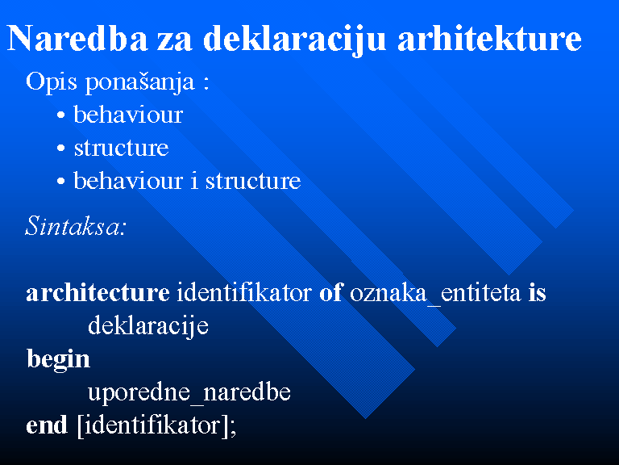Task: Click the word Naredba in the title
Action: coord(77,39)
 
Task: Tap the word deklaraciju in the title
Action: coord(294,40)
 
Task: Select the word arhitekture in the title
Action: coord(489,39)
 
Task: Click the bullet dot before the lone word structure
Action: coord(60,149)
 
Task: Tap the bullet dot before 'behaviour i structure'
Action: coord(60,182)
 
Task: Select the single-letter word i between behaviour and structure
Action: coord(193,181)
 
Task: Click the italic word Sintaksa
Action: coord(73,226)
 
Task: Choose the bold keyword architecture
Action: coord(98,293)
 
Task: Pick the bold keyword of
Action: coord(330,293)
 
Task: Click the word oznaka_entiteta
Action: coord(435,294)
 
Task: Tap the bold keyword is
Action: coord(538,293)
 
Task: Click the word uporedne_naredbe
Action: coord(189,392)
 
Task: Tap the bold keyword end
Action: coord(47,425)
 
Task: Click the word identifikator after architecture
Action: coord(244,293)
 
